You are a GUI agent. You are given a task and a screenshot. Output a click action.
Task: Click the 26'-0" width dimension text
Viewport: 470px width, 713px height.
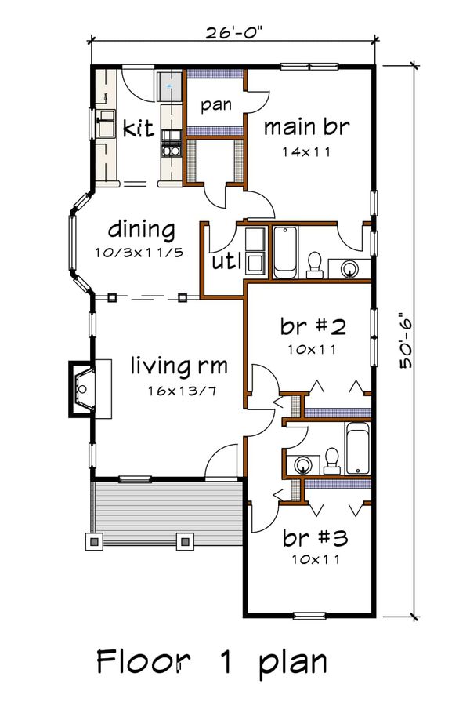pos(233,32)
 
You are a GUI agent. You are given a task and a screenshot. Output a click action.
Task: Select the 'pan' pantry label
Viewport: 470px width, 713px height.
pos(216,105)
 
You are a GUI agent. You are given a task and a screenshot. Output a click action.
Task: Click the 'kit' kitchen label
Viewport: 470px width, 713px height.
pos(138,128)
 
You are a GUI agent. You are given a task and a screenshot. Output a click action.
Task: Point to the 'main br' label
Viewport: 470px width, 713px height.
pos(307,127)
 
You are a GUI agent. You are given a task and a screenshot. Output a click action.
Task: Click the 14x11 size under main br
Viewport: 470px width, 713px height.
pos(306,151)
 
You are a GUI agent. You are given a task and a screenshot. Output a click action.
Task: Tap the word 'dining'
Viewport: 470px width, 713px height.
pos(141,230)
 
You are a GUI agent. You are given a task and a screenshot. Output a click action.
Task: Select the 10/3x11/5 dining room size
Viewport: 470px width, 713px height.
pos(139,253)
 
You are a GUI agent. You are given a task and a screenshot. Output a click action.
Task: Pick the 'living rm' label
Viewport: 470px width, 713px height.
pos(179,366)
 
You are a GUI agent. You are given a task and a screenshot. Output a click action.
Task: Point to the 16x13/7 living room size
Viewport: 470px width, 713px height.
pos(181,391)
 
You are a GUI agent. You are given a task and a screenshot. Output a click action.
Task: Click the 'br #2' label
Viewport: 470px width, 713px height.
pos(313,326)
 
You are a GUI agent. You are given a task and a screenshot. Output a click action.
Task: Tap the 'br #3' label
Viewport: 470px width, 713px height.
pos(315,538)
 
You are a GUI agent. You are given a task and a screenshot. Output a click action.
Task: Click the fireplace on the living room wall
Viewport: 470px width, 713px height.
pos(82,389)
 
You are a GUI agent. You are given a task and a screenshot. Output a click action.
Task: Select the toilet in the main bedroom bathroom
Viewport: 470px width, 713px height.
pos(314,264)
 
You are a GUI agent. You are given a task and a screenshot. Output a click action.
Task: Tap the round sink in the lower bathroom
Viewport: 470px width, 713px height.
pos(302,465)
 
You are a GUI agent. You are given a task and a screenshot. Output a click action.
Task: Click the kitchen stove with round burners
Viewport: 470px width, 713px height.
pos(172,150)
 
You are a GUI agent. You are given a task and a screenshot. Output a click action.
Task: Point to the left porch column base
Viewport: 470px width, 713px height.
pos(94,541)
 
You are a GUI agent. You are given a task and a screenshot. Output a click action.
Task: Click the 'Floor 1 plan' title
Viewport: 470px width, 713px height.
pos(211,662)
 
